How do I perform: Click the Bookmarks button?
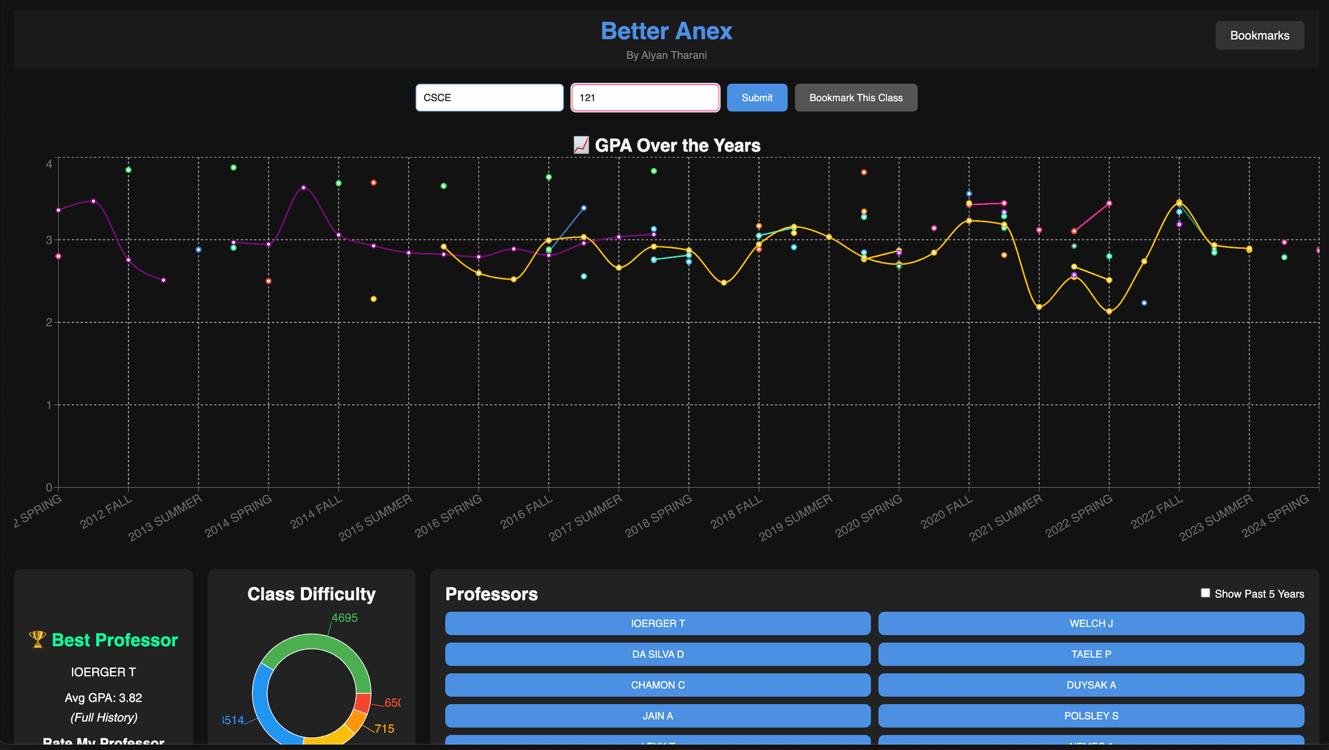click(1259, 35)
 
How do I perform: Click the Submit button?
click(757, 98)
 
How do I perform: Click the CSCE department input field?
click(489, 98)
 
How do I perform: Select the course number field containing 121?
click(644, 98)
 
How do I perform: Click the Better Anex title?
click(666, 31)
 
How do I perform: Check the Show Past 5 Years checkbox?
click(1205, 593)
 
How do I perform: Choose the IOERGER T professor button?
click(658, 623)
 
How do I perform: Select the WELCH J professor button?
click(1091, 623)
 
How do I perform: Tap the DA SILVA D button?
click(658, 654)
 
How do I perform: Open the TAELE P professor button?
click(1091, 654)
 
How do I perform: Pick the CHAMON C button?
click(658, 685)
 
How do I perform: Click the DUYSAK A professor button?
click(1091, 685)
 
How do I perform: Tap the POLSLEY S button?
click(1091, 715)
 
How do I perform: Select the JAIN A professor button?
click(658, 715)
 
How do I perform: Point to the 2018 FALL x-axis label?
click(736, 512)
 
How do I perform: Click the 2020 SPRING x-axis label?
click(869, 517)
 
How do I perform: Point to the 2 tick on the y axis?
click(48, 322)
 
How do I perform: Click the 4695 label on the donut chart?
click(344, 618)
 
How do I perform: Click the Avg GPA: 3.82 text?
click(103, 697)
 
